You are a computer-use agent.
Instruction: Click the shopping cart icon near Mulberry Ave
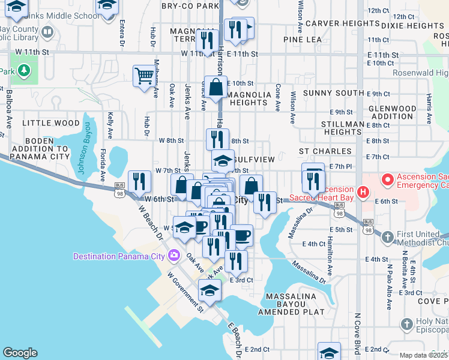click(x=144, y=76)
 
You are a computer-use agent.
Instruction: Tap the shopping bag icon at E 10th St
click(x=215, y=86)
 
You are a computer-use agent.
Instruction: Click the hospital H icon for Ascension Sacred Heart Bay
click(x=362, y=192)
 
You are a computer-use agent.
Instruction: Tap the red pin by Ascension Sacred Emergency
click(x=388, y=179)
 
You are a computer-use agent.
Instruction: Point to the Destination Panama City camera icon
click(x=174, y=256)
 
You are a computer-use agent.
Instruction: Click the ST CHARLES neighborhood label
click(x=325, y=151)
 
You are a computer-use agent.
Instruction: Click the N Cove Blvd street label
click(x=358, y=336)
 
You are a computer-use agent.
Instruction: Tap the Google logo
click(x=20, y=353)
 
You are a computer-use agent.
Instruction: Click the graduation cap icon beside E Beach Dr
click(x=209, y=291)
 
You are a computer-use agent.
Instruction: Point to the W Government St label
click(x=185, y=295)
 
